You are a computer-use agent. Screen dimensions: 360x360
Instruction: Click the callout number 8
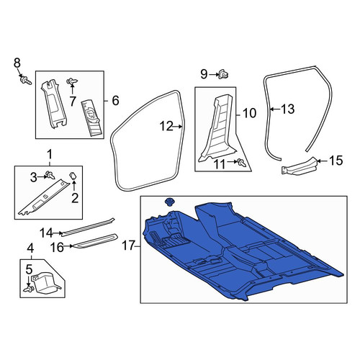(x=17, y=63)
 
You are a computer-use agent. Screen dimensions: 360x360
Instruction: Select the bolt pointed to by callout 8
(x=25, y=80)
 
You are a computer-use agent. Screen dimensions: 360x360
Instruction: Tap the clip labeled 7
(x=72, y=81)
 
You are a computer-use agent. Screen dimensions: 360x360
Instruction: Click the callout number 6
(x=115, y=100)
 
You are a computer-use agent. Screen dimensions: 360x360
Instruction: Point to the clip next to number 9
(x=223, y=75)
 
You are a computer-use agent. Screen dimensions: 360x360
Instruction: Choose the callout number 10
(x=249, y=113)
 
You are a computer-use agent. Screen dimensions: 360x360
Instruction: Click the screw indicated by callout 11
(x=241, y=163)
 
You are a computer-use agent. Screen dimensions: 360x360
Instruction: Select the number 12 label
(x=166, y=126)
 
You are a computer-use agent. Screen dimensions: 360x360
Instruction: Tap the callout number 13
(x=287, y=109)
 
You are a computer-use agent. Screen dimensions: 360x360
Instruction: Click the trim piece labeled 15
(x=300, y=167)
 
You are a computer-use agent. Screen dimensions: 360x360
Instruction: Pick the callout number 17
(x=128, y=246)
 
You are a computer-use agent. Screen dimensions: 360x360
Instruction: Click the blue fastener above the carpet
(x=170, y=202)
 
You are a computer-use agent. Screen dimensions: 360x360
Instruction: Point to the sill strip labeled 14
(x=88, y=226)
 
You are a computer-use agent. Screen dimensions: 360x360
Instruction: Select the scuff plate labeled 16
(x=95, y=240)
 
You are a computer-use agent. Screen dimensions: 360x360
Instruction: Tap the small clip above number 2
(x=73, y=176)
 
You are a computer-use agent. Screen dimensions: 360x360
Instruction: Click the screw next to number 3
(x=50, y=175)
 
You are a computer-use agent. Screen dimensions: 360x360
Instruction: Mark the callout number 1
(x=49, y=155)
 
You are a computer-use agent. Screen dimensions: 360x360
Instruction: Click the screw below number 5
(x=28, y=289)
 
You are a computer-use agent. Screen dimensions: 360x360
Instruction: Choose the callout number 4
(x=30, y=248)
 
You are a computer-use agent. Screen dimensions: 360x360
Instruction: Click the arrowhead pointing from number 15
(x=319, y=161)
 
